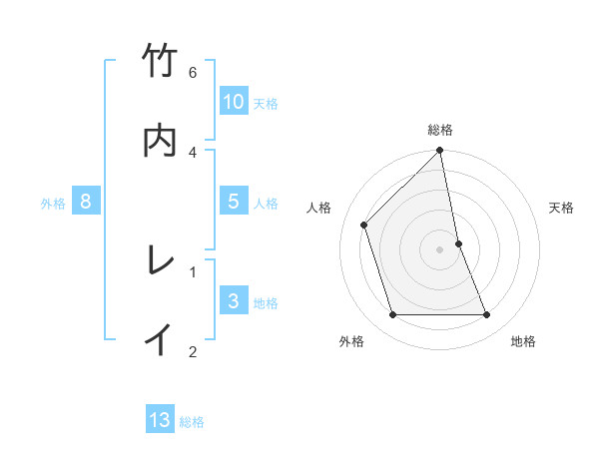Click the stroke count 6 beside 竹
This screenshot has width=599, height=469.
point(193,72)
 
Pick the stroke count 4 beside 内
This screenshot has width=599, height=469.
point(193,152)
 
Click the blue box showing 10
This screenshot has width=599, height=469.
point(234,102)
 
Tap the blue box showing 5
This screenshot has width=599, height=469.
point(234,202)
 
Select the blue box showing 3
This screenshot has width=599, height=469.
point(234,301)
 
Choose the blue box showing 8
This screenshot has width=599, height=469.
point(86,202)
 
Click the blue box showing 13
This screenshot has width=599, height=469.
point(160,420)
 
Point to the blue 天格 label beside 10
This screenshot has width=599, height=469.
point(266,104)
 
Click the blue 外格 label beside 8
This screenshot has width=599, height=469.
point(53,204)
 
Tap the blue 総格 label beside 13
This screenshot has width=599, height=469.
point(192,422)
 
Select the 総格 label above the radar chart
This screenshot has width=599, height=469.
point(440,130)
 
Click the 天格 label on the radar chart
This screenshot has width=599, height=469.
point(562,208)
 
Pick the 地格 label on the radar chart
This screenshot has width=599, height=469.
point(523,341)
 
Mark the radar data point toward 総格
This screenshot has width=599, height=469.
point(440,152)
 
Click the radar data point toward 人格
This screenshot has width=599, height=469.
point(364,225)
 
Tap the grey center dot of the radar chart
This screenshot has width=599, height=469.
point(440,249)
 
